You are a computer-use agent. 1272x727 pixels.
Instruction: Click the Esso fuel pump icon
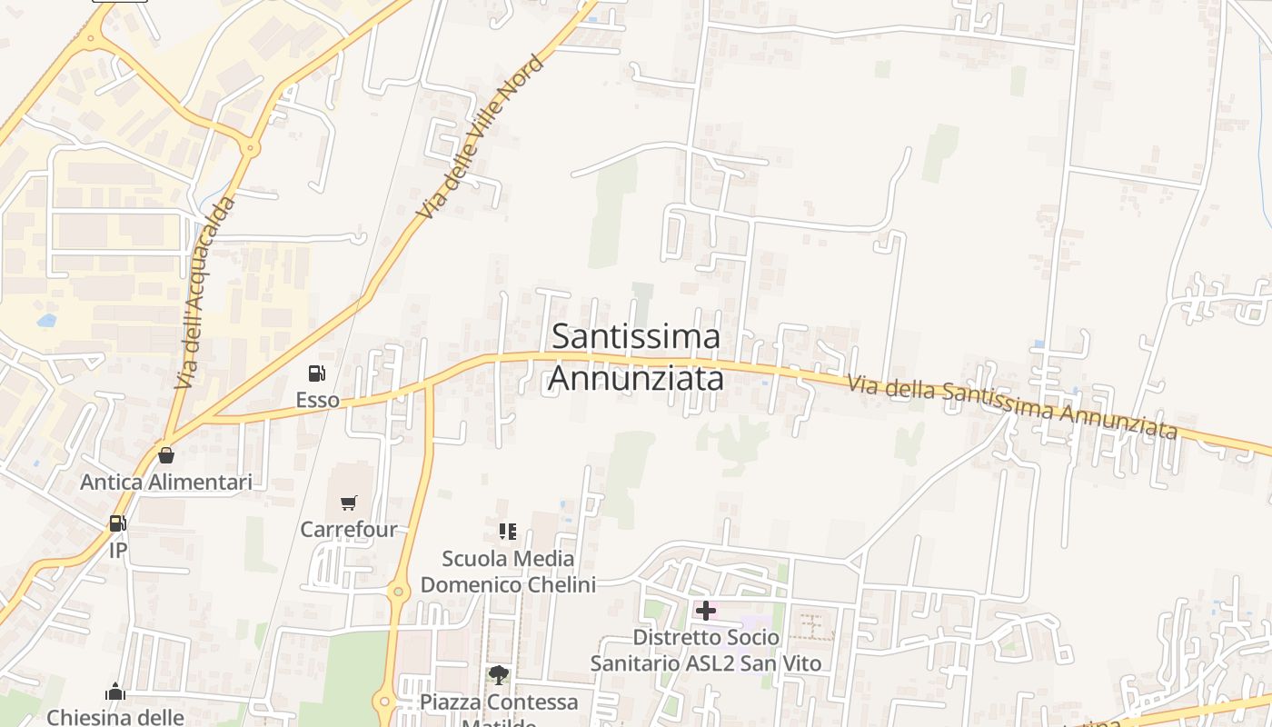316,373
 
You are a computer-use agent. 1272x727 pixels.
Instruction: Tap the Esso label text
317,400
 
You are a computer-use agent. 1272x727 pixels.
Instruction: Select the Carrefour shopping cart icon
348,503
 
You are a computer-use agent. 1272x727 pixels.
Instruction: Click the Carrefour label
349,529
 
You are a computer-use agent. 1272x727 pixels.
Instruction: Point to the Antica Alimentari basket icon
165,454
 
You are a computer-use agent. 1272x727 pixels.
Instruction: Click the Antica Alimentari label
166,482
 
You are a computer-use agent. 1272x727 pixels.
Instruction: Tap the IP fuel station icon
117,523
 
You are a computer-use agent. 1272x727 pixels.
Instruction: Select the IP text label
118,550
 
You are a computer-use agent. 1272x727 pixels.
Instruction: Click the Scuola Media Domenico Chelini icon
507,531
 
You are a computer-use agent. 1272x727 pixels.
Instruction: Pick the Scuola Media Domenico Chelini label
508,571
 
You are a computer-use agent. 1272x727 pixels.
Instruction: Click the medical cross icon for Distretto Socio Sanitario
705,611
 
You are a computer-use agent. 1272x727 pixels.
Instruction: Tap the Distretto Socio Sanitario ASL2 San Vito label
706,650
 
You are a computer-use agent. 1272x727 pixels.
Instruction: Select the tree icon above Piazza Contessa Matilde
498,675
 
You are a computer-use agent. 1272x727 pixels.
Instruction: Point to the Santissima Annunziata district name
636,357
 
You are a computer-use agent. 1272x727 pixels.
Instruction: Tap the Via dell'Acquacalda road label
204,294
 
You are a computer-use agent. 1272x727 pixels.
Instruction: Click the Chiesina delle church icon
114,692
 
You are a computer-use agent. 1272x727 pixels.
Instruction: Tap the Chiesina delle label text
115,717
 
